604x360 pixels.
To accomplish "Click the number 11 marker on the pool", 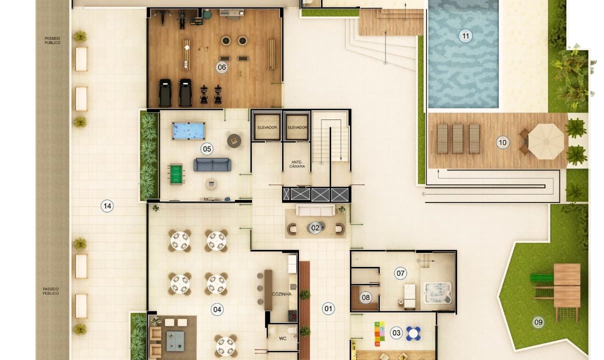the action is (465, 36).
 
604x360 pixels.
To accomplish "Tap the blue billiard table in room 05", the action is (188, 131).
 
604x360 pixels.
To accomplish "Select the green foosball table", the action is (176, 174).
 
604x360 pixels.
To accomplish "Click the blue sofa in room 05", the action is (212, 164).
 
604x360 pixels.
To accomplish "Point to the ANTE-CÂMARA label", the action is (297, 164).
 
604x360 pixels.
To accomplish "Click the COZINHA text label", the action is (281, 294).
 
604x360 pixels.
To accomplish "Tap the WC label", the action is (282, 338).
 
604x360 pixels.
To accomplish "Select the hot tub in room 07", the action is (437, 293).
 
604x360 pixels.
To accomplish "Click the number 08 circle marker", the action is (365, 297).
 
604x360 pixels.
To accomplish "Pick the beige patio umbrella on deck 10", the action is (546, 141).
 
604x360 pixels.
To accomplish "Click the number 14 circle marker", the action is (107, 206).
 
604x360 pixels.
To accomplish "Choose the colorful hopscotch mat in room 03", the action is (379, 333).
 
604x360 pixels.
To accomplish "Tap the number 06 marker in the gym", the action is (221, 67).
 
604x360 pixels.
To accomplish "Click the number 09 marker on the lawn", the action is (538, 322).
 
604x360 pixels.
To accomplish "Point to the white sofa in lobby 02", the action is (315, 210).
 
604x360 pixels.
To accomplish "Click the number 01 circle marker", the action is (328, 308).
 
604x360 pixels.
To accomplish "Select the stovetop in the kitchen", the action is (292, 316).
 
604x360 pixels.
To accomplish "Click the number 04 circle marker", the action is (217, 309).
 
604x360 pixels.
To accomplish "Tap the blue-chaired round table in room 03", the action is (413, 333).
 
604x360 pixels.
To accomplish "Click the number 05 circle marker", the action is (207, 149).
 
